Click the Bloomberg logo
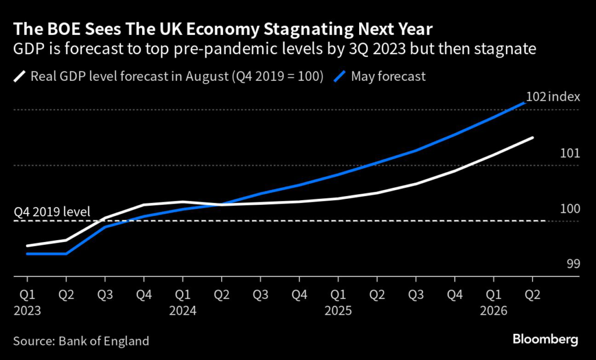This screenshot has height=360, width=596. (545, 339)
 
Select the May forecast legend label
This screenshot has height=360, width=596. (388, 76)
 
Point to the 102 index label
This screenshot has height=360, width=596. (553, 97)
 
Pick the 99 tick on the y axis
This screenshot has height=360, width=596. (573, 263)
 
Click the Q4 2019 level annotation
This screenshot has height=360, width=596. (52, 211)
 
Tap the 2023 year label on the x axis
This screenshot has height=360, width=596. (27, 311)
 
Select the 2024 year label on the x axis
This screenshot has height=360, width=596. (183, 311)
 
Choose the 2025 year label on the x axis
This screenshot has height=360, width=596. (339, 311)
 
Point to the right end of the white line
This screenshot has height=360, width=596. (533, 138)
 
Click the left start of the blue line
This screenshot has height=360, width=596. (27, 254)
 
